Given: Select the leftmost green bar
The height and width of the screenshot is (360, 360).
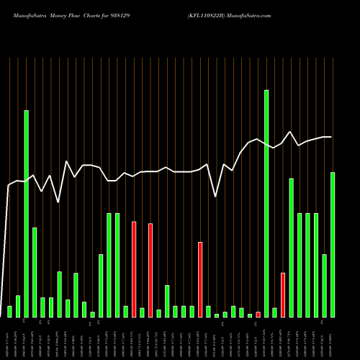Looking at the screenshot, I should point(9,311).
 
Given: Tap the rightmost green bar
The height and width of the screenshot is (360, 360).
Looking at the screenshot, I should point(333,245).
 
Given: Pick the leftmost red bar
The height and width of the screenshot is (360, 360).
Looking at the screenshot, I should point(134,269).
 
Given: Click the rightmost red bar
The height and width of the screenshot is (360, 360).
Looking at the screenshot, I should point(283,295).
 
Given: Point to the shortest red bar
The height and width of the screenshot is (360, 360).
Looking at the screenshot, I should point(258,314).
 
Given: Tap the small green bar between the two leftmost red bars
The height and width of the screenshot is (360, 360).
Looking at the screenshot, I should point(142,312).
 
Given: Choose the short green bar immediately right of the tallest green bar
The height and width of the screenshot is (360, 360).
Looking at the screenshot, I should point(274,312).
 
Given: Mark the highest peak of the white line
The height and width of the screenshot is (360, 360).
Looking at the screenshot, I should point(290,132).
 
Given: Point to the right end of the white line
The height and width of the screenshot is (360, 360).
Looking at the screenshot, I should point(331,137).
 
